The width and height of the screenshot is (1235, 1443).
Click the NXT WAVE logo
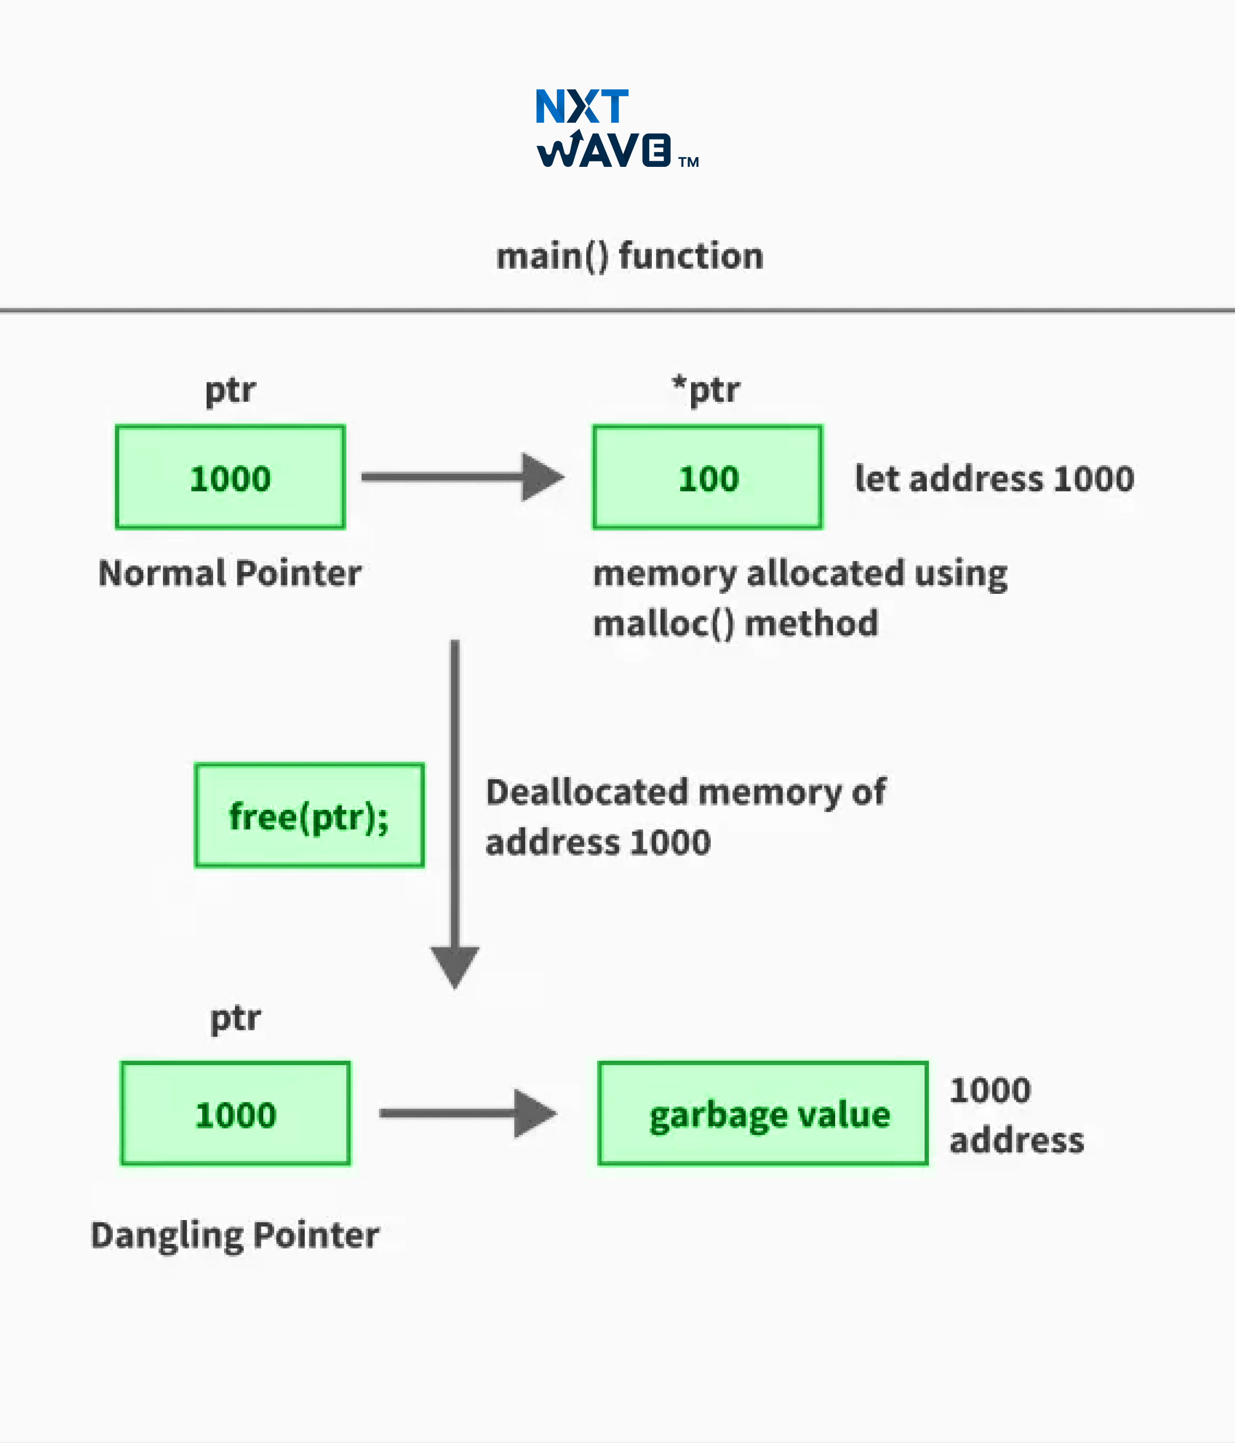coord(617,128)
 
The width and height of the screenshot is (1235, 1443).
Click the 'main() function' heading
coord(630,256)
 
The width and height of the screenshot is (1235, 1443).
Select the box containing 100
coord(707,478)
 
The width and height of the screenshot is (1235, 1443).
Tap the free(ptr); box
coord(309,815)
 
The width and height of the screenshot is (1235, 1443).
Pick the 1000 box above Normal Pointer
coord(230,478)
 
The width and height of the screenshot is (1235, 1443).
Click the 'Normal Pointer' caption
coord(230,573)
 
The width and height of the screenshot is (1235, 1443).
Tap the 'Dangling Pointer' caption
coord(235,1235)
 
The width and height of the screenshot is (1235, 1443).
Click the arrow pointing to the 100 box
coord(463,477)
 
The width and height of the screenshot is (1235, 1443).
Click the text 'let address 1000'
coord(995,479)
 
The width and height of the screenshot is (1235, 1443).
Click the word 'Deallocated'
coord(587,793)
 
